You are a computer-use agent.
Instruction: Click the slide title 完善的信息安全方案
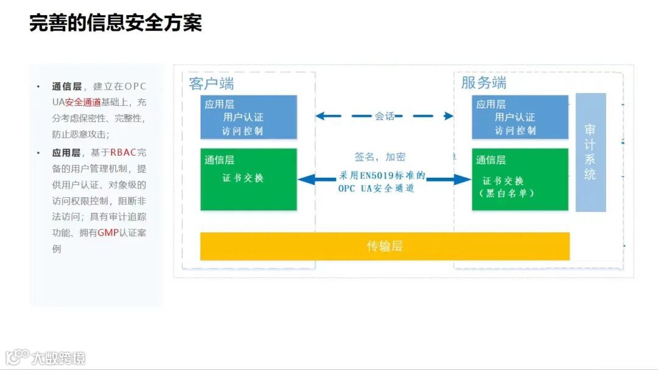[115, 23]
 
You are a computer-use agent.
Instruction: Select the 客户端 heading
[211, 83]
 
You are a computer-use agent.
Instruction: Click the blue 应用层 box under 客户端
[249, 117]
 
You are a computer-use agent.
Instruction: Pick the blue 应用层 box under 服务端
[520, 117]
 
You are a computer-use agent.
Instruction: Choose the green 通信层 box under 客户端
[249, 180]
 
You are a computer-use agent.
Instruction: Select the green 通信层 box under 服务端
[520, 180]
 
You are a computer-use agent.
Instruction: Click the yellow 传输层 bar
[384, 246]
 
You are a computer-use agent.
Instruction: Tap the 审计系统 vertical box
[590, 152]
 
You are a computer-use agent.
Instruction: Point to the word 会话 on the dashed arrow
[384, 116]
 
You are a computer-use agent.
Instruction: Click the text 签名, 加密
[380, 157]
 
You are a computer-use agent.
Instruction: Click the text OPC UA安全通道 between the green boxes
[377, 189]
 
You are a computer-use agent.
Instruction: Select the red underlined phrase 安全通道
[83, 102]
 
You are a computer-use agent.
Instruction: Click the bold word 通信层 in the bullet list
[66, 86]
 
